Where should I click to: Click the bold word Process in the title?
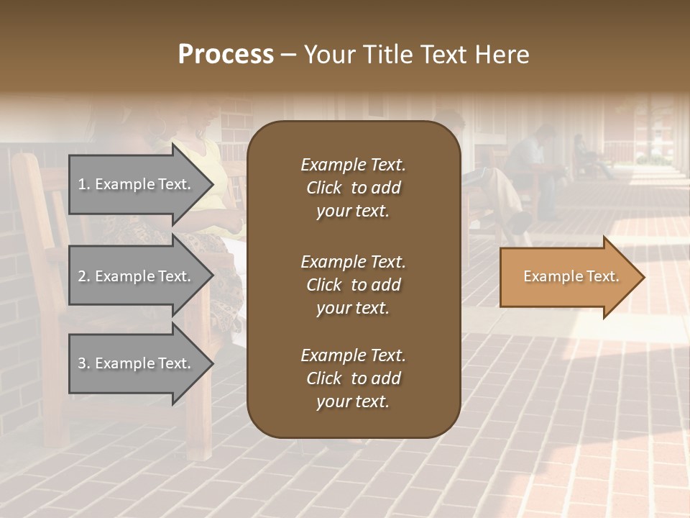tap(226, 55)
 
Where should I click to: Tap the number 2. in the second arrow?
tap(84, 276)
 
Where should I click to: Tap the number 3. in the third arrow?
tap(84, 363)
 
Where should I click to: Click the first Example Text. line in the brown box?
tap(353, 165)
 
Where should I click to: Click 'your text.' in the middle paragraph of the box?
tap(353, 308)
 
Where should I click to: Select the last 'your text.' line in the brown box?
tap(353, 402)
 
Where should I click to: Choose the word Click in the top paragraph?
tap(323, 188)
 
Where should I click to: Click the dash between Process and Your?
tap(288, 55)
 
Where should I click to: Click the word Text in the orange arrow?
tap(602, 276)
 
